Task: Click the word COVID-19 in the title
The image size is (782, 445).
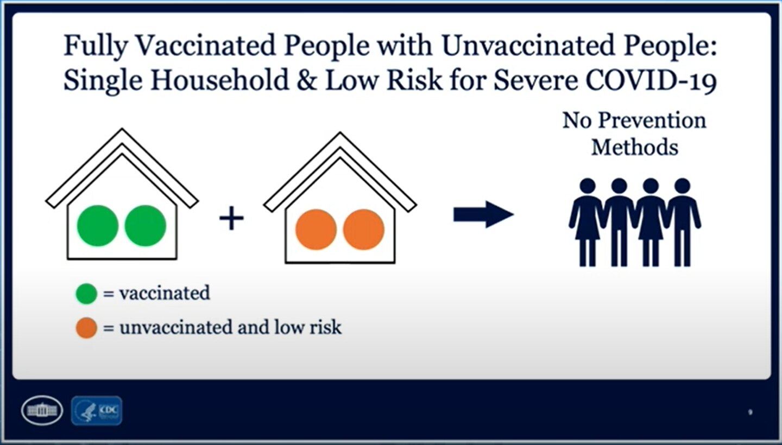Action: coord(652,80)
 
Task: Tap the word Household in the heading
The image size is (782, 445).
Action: coord(220,80)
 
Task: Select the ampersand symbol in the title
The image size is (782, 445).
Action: coord(307,80)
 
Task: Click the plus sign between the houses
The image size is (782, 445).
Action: coord(231,218)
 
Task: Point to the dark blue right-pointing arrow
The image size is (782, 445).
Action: coord(483,214)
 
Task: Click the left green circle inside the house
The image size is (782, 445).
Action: coord(98,226)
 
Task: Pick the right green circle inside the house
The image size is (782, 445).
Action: coord(145,226)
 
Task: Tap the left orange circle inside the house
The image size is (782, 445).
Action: coord(316,230)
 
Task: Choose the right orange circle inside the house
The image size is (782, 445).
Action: coord(364,230)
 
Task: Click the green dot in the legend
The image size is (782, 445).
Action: coord(86,294)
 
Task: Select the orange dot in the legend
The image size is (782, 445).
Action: coord(86,328)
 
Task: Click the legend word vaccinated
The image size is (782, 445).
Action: coord(165,293)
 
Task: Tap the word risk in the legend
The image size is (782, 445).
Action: coord(326,327)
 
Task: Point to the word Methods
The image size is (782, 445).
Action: coord(635,147)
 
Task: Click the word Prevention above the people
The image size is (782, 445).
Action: coord(653,120)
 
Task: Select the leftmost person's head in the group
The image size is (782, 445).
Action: coord(588,186)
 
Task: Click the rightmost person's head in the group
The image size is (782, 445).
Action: coord(683,186)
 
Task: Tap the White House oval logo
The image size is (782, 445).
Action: coord(42,410)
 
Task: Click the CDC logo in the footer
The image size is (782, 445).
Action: coord(97,411)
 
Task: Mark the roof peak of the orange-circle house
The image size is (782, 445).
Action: coord(340,132)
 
